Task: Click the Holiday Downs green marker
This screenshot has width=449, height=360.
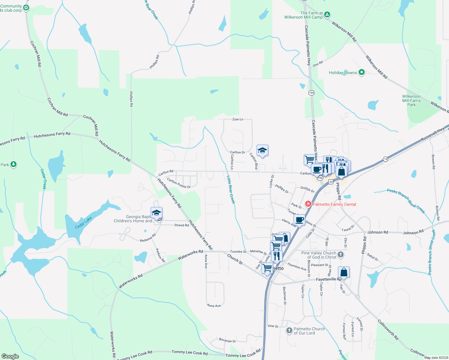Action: (x=362, y=72)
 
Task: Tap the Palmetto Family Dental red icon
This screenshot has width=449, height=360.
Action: (x=308, y=204)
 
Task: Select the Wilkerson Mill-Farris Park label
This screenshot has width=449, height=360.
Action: (x=411, y=101)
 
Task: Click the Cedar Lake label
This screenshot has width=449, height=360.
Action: (x=83, y=223)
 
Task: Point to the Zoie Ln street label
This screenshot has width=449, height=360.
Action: (x=238, y=119)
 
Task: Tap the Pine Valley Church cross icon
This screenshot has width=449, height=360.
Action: (x=340, y=255)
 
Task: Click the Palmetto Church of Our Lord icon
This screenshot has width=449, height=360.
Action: (x=289, y=331)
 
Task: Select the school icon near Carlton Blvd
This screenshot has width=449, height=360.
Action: (x=262, y=151)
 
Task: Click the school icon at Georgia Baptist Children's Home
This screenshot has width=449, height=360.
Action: (x=156, y=213)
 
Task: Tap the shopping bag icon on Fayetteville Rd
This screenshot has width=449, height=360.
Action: (x=344, y=272)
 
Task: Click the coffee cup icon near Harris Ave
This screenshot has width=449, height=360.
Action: (x=299, y=220)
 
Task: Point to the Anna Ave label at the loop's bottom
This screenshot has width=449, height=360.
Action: (x=214, y=306)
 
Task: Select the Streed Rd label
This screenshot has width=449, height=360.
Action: (x=182, y=225)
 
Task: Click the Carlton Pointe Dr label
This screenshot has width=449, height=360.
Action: (x=179, y=183)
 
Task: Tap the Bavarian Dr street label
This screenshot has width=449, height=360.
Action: (x=228, y=341)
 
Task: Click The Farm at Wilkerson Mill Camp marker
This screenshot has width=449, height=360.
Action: (x=327, y=14)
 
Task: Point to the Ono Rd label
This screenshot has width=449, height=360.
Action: (x=318, y=64)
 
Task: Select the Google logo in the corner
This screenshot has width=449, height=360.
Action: (x=10, y=356)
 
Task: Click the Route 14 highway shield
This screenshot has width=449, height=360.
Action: (x=386, y=159)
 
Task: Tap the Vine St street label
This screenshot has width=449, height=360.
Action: (x=273, y=326)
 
